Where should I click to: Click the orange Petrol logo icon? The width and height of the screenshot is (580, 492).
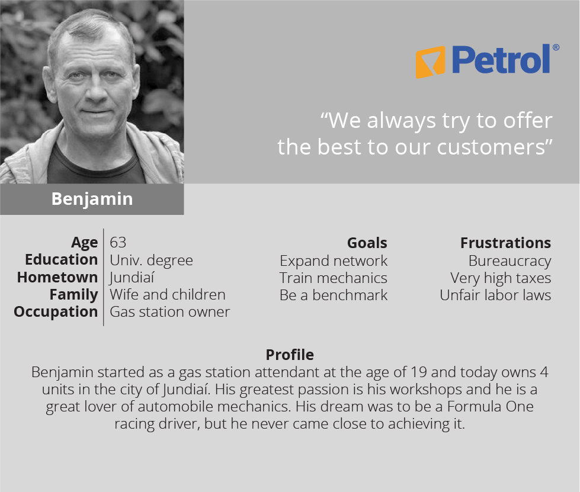point(430,62)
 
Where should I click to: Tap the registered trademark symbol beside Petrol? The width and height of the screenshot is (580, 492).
point(556,47)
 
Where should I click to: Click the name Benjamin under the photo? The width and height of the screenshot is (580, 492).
point(92,199)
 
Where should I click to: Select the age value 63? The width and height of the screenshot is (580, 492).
point(118,243)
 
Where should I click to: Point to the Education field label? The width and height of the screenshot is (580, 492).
point(62,259)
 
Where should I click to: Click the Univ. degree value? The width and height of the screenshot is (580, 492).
point(151,261)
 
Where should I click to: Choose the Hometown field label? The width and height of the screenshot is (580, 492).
point(57,277)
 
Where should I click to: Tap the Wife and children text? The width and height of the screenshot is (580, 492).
point(168,295)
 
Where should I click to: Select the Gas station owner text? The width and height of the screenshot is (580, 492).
point(170,312)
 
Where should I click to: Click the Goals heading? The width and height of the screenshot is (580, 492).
point(367,243)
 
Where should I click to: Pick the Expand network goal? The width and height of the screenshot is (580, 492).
point(334,261)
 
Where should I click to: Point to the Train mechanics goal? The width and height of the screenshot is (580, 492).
point(334,278)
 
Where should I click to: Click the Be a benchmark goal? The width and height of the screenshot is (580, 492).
point(334,295)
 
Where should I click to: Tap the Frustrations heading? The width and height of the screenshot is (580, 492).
point(506,243)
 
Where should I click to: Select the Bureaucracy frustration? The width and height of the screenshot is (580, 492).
point(509,261)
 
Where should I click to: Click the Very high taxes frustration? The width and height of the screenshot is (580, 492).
point(501,278)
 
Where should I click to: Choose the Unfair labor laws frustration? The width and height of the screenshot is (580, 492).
point(495,295)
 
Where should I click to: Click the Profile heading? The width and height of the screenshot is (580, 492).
point(290,355)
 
